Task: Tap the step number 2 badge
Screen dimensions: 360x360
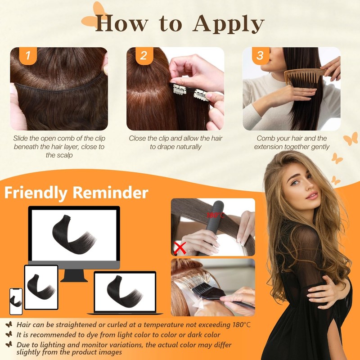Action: tap(144, 56)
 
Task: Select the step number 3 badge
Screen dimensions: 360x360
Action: tap(260, 56)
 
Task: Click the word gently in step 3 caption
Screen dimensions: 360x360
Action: tap(319, 147)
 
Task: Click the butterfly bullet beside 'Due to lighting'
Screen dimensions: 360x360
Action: tap(8, 344)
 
